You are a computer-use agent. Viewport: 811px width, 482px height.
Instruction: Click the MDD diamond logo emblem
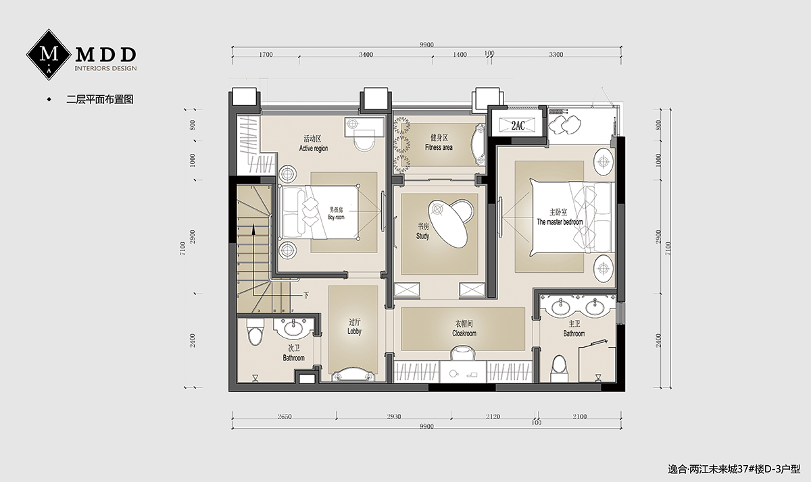click(x=49, y=55)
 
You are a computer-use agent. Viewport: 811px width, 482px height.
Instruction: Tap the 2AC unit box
click(x=518, y=125)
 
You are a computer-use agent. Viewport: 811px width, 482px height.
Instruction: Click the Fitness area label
click(x=439, y=142)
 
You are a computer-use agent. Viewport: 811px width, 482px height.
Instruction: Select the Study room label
click(x=423, y=231)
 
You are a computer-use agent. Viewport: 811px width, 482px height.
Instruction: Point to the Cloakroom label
click(x=464, y=329)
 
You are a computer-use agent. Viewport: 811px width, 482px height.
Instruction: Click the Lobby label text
click(x=354, y=327)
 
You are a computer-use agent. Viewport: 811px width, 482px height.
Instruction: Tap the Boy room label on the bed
click(x=336, y=213)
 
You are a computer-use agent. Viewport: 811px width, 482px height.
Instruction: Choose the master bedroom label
click(x=560, y=217)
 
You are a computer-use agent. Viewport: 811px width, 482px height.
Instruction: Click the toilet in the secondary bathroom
click(x=255, y=331)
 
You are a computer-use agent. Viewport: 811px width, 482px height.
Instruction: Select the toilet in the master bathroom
click(x=560, y=367)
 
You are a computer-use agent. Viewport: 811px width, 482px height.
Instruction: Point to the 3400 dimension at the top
click(x=366, y=55)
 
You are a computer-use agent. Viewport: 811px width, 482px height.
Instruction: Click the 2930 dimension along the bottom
click(x=393, y=417)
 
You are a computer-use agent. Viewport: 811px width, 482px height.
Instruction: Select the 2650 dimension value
click(x=285, y=417)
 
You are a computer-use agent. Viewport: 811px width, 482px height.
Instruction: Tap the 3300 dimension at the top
click(x=556, y=55)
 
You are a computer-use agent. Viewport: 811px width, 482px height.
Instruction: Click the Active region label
click(x=313, y=144)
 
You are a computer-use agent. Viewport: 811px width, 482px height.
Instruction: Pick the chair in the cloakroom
click(x=463, y=352)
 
